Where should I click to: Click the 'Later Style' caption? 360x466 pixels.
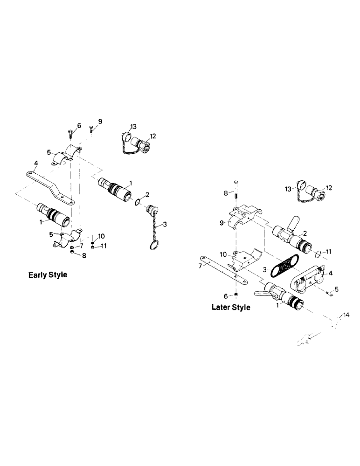point(231,307)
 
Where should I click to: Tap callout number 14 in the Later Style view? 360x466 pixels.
point(345,315)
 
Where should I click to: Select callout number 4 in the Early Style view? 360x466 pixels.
point(35,163)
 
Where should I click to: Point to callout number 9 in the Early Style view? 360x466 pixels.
point(100,122)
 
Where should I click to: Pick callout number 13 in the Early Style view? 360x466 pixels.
point(133,127)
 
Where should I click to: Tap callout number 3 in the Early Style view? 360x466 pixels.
point(166,225)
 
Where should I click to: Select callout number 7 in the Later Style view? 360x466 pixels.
point(200,265)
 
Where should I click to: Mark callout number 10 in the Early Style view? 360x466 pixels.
point(102,236)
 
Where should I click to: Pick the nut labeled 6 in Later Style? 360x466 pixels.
point(236,295)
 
